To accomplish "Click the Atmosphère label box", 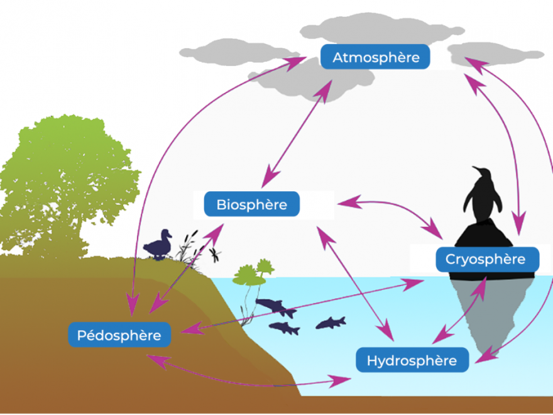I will [375, 57].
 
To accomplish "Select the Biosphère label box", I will [251, 204].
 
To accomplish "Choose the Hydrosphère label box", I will [412, 360].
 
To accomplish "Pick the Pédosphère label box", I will [119, 335].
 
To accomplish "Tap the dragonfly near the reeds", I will [216, 254].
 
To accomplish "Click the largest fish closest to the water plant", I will [276, 307].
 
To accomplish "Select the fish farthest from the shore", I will [331, 323].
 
